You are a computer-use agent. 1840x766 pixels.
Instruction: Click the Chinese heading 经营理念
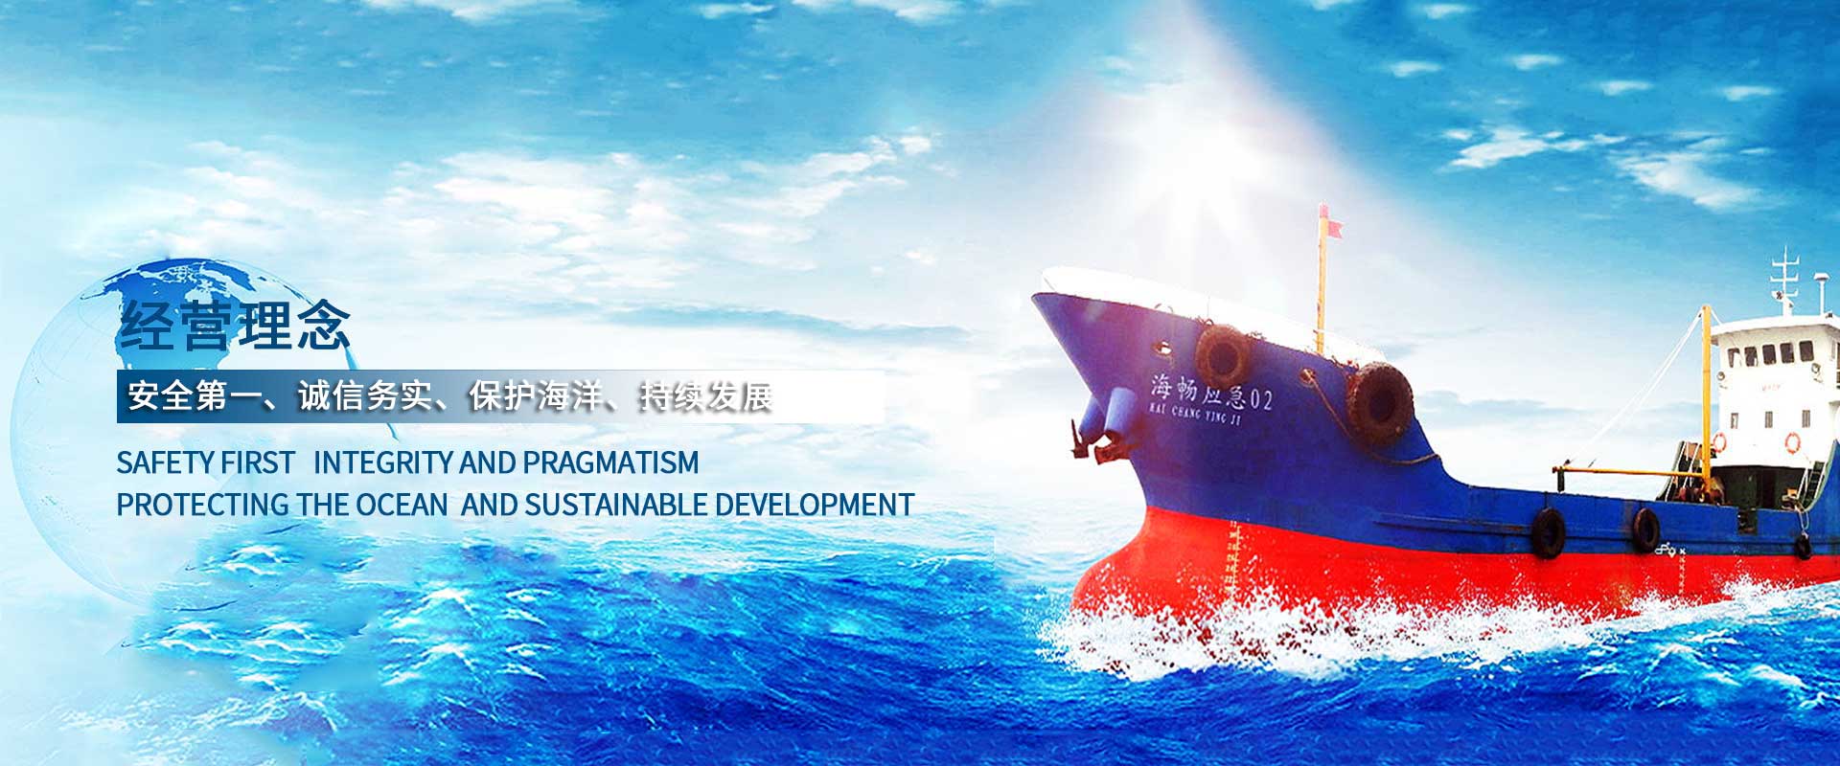(x=235, y=327)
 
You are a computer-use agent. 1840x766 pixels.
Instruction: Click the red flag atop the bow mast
(x=1331, y=228)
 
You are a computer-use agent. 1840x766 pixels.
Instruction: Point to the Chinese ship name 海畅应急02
(x=1211, y=392)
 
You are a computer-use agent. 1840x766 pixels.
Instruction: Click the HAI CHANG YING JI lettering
(x=1193, y=413)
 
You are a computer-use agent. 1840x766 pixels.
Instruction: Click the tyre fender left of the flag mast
(x=1223, y=356)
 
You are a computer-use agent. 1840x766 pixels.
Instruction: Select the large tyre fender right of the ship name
(x=1379, y=402)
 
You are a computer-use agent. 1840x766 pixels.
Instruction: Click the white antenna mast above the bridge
(x=1784, y=281)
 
